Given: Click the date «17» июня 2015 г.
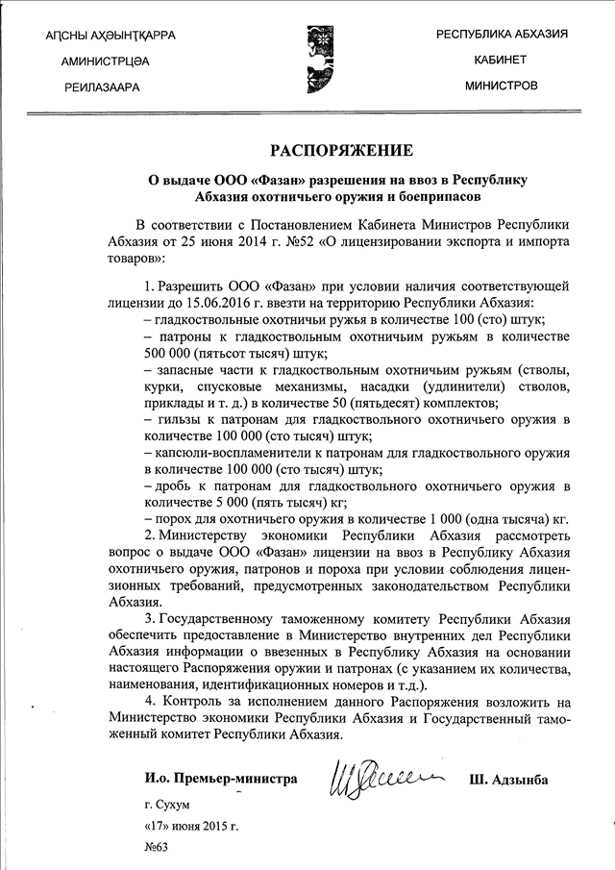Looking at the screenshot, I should pos(189,825).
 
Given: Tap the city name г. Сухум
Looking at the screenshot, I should pos(165,803).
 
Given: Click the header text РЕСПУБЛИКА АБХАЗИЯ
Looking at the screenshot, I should pos(502,34).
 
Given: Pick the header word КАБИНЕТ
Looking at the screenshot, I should pos(501,60).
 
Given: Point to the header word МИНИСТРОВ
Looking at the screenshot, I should pos(501,86).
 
